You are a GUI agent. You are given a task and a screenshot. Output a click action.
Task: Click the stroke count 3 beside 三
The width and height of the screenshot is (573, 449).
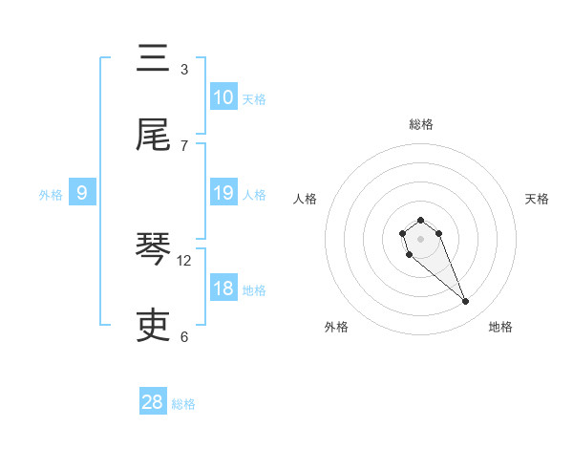pos(184,69)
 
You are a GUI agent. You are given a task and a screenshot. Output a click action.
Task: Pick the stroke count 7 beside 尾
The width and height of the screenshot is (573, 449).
pos(184,145)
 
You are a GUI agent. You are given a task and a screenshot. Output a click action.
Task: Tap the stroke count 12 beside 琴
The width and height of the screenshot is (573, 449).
pos(184,260)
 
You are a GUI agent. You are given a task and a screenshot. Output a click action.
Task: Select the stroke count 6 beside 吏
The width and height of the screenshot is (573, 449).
pos(184,336)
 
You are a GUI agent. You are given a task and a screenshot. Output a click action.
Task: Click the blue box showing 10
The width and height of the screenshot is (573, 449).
pos(223,97)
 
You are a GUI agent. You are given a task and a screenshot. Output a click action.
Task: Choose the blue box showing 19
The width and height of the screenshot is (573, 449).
pos(223,193)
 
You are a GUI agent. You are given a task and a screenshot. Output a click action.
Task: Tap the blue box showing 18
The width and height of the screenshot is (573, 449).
pos(223,289)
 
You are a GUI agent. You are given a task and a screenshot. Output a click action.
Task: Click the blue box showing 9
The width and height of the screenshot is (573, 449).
pos(82,193)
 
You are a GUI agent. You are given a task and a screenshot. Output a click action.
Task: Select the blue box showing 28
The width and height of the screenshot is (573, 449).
pos(153,402)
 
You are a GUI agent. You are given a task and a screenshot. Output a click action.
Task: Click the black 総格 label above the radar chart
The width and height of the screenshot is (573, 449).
pos(420,124)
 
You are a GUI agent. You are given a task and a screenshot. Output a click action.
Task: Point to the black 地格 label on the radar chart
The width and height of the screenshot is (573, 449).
pos(500,328)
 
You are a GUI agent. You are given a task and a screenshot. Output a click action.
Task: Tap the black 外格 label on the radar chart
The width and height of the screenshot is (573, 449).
pos(336,328)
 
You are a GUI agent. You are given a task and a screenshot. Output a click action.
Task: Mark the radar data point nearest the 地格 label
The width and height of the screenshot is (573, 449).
pos(466,302)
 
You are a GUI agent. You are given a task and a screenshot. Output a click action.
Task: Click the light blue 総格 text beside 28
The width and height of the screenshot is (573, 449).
pos(183,404)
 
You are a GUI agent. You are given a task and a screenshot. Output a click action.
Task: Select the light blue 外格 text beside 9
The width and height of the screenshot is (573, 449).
pos(51,195)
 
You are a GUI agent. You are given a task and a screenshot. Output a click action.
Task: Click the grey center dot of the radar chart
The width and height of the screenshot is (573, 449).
pos(420,238)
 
